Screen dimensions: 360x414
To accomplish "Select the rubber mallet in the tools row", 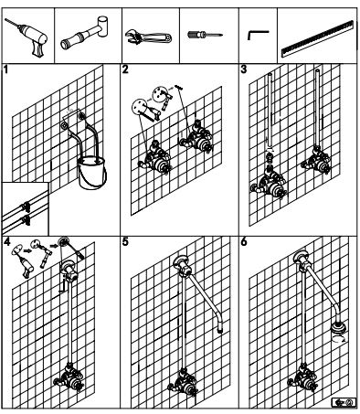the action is pos(85,33).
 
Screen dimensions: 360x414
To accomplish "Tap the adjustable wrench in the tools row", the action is pos(148,37).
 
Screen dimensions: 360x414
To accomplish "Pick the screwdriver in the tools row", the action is pos(205,35).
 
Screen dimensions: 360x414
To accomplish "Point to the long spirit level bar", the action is pos(318,39).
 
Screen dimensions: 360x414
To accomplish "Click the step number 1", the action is pos(5,69).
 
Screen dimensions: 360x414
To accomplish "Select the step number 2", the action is pos(125,69).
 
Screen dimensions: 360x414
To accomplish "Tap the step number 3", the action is pos(244,69).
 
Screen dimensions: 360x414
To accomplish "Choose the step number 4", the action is pos(7,242).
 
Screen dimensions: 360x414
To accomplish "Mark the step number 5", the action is pos(125,242).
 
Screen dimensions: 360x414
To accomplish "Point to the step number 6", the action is pos(244,242).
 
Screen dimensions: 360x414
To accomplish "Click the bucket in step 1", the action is pos(92,173).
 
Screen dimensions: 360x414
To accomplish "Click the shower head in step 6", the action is pos(338,328).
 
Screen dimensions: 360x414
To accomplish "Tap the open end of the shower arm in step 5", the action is pos(220,330).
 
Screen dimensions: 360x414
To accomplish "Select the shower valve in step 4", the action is pos(69,377).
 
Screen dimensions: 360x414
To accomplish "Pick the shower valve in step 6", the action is pos(303,377).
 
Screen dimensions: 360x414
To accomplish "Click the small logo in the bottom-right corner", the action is pos(344,402).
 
